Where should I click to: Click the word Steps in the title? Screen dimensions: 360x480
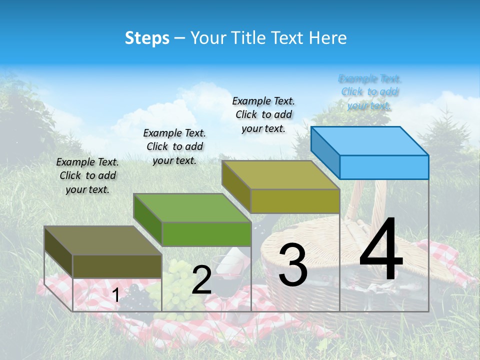pos(147,38)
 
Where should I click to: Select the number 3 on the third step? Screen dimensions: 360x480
pos(292,265)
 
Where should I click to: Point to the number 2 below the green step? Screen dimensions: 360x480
pos(201,280)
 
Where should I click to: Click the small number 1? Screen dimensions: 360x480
pos(115,295)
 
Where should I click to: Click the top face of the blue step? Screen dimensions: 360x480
pos(370,141)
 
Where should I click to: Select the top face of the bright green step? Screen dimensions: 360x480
pos(192,207)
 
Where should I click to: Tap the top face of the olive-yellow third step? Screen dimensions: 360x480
pos(281,175)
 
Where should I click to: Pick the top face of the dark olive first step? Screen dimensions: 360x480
pos(103,240)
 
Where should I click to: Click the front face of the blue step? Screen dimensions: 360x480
pos(384,167)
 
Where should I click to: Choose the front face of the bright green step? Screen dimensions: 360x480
pos(206,234)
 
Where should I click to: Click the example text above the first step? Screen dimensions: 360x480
pos(87,175)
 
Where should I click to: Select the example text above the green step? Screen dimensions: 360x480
pos(174,146)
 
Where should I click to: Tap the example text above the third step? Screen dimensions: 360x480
pos(263,114)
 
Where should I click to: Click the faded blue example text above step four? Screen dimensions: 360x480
pos(369,92)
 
